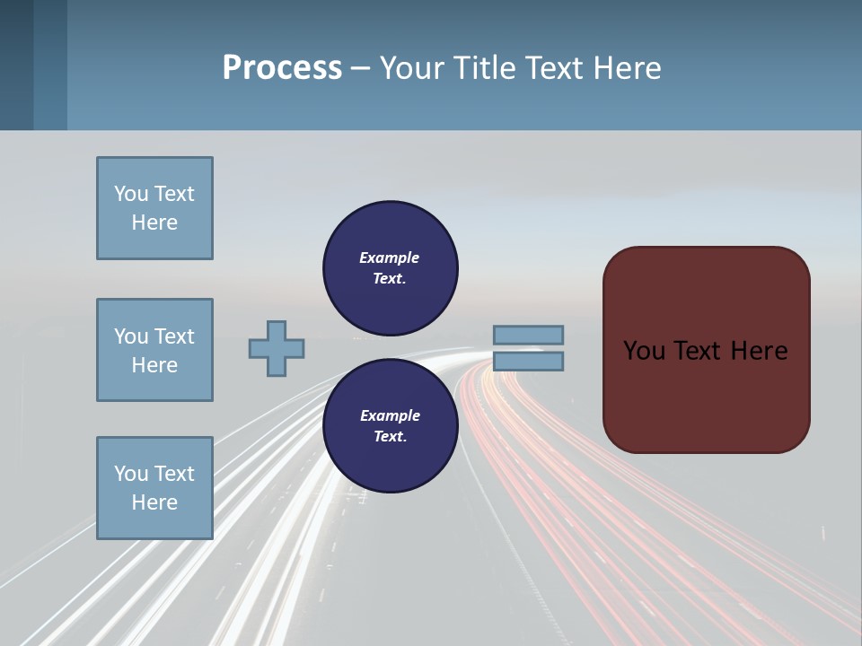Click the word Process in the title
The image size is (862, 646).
[282, 68]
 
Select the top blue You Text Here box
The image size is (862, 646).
[154, 208]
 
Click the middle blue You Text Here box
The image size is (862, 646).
[154, 350]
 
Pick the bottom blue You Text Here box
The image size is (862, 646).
[154, 488]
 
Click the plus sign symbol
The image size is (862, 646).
[277, 348]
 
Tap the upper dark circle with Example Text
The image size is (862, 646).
[391, 268]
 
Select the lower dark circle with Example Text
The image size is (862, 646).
[391, 426]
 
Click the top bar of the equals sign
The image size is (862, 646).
[528, 335]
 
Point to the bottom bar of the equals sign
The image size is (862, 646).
[528, 361]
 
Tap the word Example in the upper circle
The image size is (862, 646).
[390, 258]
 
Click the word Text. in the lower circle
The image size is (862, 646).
[390, 437]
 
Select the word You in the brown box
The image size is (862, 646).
[643, 351]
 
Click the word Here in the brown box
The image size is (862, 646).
[759, 351]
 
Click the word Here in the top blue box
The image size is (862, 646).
[154, 223]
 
